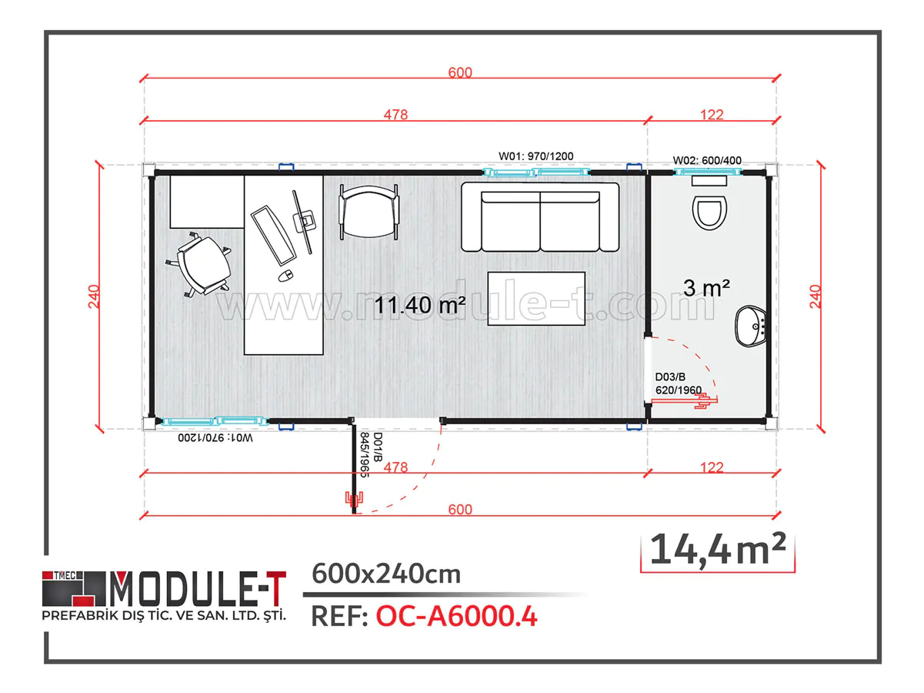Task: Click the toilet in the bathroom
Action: (709, 209)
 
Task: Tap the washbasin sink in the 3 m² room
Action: (751, 326)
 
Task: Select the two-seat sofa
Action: (540, 217)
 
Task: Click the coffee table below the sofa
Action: (536, 298)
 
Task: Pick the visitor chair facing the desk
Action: (369, 211)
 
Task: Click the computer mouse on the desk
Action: (284, 275)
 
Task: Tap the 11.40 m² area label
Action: (420, 305)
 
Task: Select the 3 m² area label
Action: (706, 288)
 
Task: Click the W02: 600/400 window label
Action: (707, 160)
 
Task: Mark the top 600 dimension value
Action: (459, 72)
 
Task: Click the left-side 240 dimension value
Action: (94, 296)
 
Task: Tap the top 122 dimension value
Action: (712, 115)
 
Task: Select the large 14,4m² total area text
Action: (717, 549)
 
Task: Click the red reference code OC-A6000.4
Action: (456, 616)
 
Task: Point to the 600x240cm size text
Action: (385, 574)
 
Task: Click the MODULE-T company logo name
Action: (198, 589)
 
